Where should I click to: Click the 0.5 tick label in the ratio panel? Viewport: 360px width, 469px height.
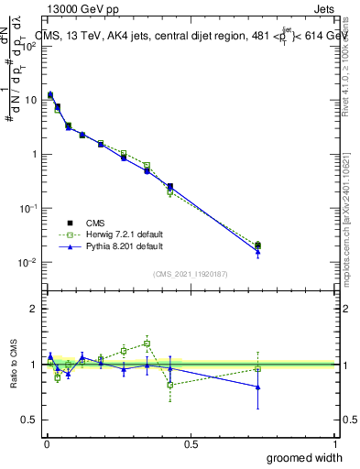coord(32,420)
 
